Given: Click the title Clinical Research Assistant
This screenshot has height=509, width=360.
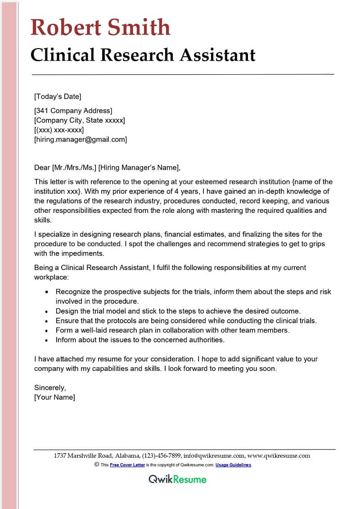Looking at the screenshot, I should [143, 55].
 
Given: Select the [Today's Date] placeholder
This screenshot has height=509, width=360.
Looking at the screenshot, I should [58, 96].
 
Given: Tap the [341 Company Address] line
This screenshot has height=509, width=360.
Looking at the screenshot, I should [73, 111].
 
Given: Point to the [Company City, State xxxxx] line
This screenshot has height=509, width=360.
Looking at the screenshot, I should [80, 120].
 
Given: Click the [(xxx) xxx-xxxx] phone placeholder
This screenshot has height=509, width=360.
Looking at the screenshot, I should [59, 130].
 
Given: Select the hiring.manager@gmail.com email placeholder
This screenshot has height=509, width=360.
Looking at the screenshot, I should [81, 140].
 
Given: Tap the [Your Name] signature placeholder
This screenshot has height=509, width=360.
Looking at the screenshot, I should [54, 397].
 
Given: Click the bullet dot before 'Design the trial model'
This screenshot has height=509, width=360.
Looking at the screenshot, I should [47, 311].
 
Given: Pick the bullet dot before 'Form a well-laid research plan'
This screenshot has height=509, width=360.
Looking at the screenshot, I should [47, 330].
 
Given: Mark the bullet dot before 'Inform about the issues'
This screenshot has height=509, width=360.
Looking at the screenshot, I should [47, 340].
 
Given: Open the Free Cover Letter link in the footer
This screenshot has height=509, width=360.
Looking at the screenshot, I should [128, 465].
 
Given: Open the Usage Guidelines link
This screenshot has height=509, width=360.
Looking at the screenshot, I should [233, 465].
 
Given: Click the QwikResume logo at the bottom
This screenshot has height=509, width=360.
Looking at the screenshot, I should [177, 479].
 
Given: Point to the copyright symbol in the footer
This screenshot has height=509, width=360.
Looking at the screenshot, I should [97, 464].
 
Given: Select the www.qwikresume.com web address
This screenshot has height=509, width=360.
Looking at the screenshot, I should [279, 455].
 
